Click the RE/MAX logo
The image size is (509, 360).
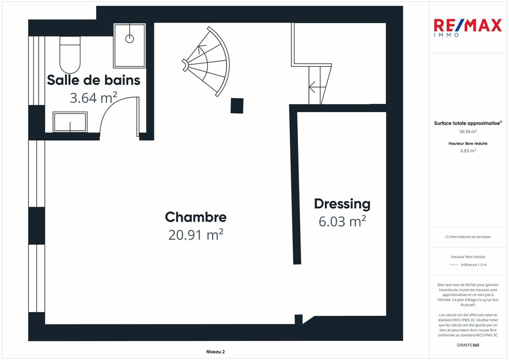[x=468, y=28]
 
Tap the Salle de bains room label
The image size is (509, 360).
[x=94, y=80]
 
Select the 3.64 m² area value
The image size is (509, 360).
[x=94, y=98]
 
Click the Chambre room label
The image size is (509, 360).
[x=196, y=217]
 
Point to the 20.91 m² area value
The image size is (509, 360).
[x=196, y=235]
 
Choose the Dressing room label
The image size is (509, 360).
[x=342, y=204]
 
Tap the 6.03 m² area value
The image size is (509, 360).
[x=342, y=221]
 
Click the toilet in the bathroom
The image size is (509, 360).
[x=70, y=55]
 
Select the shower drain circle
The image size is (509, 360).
[x=130, y=39]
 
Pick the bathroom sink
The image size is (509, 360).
[x=70, y=122]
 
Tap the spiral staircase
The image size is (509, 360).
[x=206, y=62]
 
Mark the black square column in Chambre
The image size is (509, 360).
[x=237, y=106]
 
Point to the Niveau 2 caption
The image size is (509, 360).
[x=216, y=352]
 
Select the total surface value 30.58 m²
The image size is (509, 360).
[x=468, y=131]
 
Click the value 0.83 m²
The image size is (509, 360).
[x=468, y=151]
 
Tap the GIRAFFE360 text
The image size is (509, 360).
[x=468, y=345]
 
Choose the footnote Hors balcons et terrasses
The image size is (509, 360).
[x=468, y=237]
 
